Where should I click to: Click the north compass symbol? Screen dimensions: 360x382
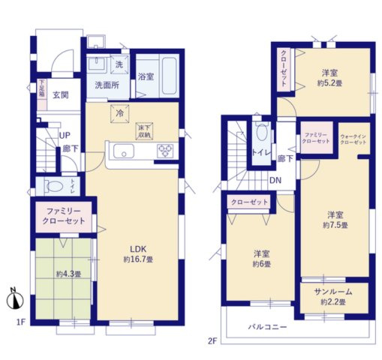(14, 300)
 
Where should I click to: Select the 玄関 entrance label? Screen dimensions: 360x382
(61, 95)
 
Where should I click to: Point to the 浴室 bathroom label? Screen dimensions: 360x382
(145, 76)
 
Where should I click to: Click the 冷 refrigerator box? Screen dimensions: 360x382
(119, 113)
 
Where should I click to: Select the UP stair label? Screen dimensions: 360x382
(65, 135)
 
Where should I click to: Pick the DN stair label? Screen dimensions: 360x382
(275, 180)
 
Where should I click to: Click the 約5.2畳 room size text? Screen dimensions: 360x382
(329, 84)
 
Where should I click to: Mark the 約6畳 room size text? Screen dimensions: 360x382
(261, 264)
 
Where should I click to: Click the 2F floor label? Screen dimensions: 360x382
(212, 340)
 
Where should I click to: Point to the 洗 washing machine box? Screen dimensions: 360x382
(118, 65)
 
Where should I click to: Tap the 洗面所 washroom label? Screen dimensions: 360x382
(107, 85)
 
